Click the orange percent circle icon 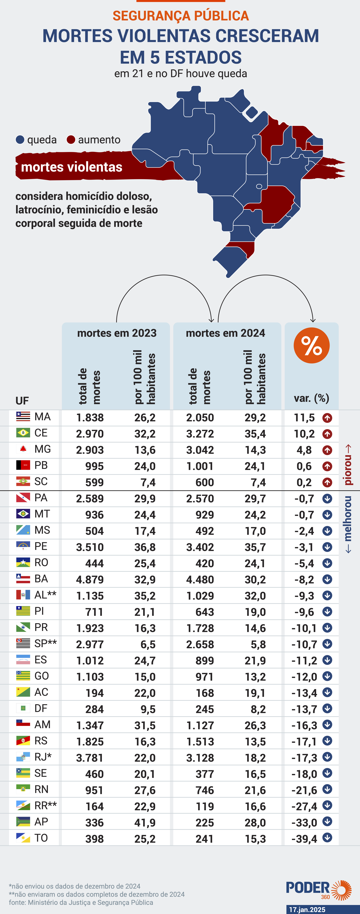(311, 345)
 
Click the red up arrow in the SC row (327, 482)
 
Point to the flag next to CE (23, 432)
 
